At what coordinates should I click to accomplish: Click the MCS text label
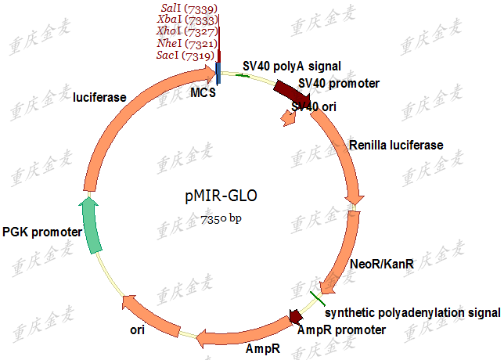click(203, 94)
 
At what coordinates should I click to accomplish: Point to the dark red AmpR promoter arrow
click(297, 317)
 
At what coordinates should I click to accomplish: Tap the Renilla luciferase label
click(396, 145)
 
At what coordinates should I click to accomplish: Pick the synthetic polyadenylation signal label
click(412, 312)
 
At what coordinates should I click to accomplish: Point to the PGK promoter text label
click(42, 232)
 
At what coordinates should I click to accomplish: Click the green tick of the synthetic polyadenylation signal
click(316, 298)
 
